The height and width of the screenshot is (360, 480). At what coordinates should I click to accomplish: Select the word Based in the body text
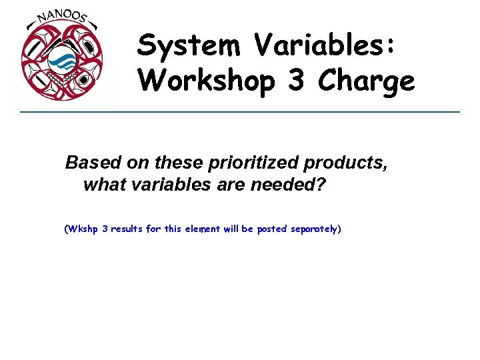pos(87,163)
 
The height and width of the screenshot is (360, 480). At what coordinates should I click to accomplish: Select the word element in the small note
pos(202,229)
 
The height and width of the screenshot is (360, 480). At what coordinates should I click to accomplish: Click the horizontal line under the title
pos(240,111)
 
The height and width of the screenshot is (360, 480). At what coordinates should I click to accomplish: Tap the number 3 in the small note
pos(105,229)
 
